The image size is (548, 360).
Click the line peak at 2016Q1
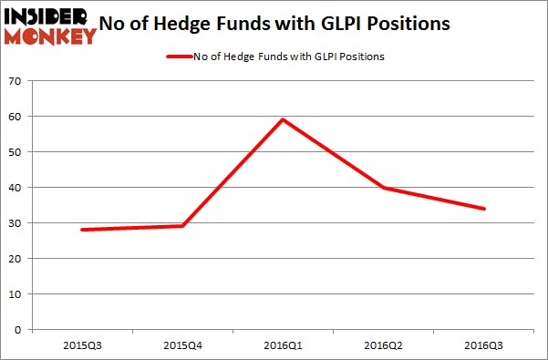(283, 119)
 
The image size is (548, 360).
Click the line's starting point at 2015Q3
(81, 230)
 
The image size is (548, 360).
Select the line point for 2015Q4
(182, 226)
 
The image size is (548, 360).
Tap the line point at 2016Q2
(384, 188)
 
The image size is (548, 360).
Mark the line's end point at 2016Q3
(484, 209)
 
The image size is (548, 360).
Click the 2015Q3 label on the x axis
(81, 347)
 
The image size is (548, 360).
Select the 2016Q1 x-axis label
(283, 347)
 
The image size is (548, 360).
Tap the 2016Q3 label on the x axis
(484, 347)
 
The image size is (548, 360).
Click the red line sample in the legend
(178, 57)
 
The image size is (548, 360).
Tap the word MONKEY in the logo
(50, 36)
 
